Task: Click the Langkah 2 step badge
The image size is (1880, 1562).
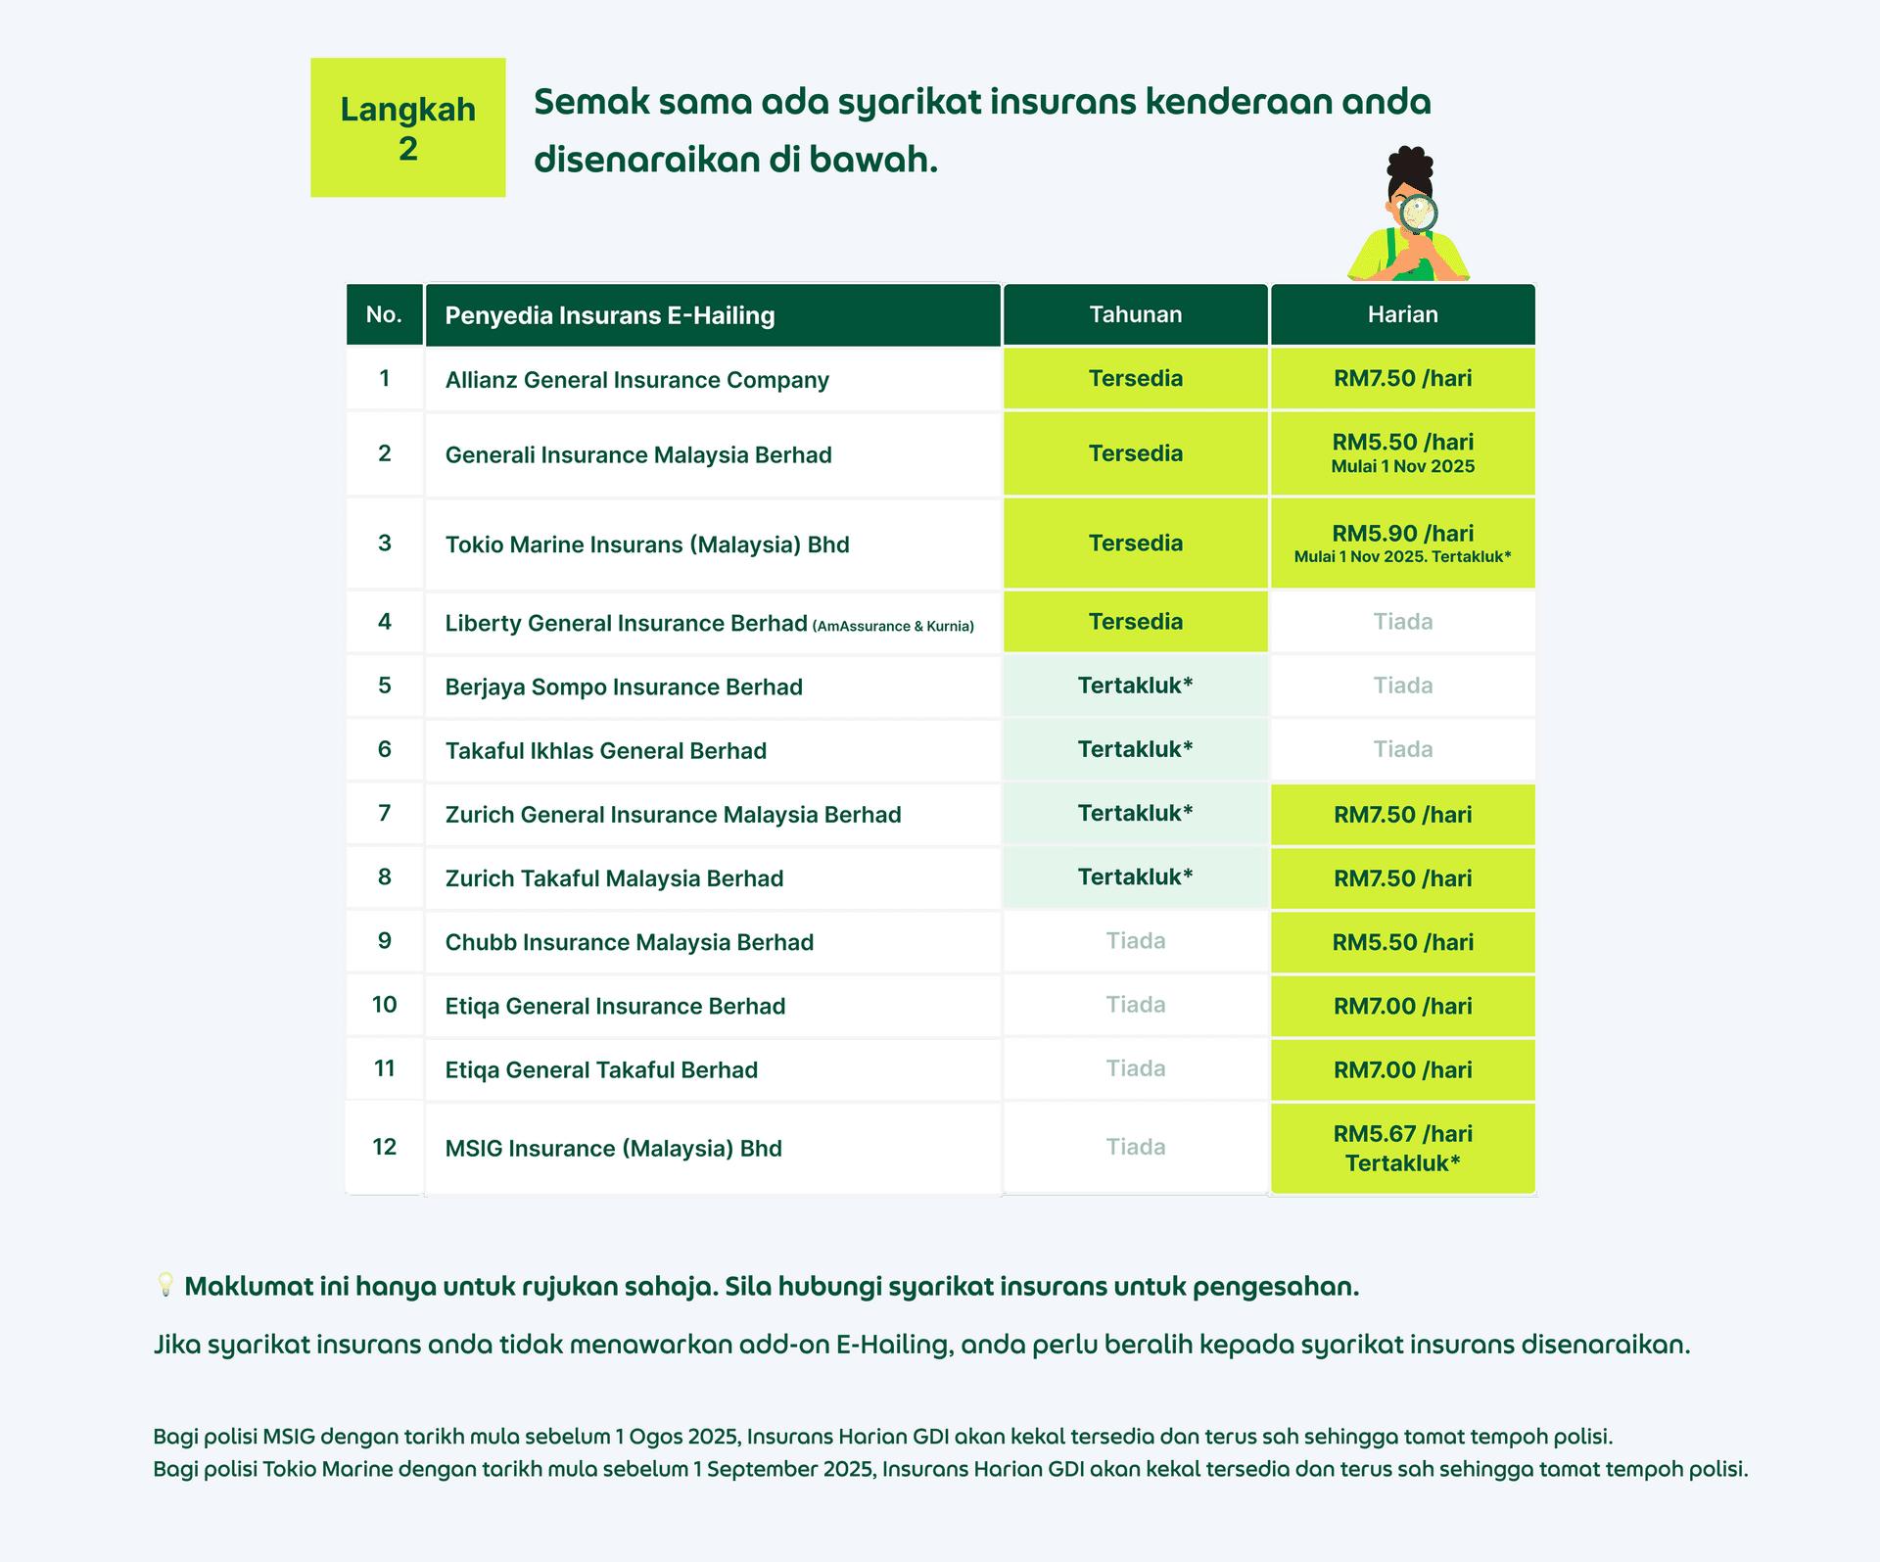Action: coord(407,127)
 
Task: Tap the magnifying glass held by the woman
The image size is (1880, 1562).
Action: coord(1417,213)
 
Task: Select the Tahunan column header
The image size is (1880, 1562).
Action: coord(1135,314)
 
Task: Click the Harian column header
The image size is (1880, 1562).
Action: coord(1402,314)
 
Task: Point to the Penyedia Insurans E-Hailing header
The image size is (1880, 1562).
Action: coord(609,315)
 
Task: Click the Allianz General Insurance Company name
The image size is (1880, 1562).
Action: coord(636,380)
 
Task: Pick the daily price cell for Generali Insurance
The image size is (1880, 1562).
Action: coord(1402,453)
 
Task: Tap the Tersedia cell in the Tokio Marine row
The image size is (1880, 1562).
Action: coord(1135,544)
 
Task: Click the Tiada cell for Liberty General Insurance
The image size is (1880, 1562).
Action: coord(1402,622)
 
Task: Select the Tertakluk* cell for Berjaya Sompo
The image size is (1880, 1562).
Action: coord(1135,686)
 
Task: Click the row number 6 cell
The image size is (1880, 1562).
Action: coord(385,750)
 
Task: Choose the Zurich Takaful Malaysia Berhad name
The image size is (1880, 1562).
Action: coord(614,878)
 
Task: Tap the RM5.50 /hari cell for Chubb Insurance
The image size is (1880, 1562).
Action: coord(1402,942)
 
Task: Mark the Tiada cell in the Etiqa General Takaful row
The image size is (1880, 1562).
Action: coord(1135,1068)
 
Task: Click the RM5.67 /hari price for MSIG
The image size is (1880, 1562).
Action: coord(1402,1134)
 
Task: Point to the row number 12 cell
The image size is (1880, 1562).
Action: coord(385,1147)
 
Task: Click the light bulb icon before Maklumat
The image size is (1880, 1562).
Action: coord(165,1285)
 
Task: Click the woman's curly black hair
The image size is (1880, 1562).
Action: coord(1410,166)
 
